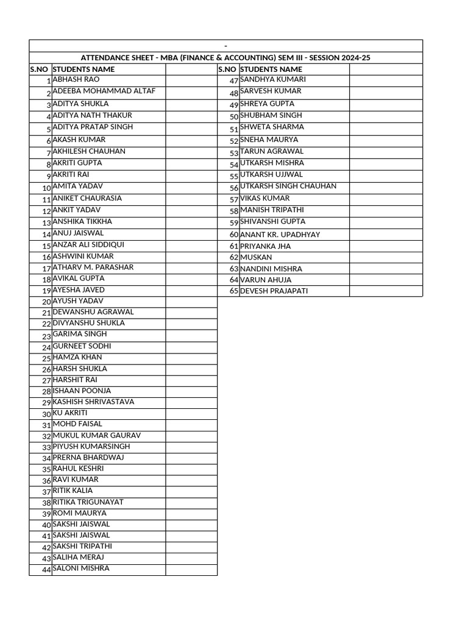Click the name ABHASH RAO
coord(76,80)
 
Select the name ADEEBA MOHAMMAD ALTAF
coord(104,91)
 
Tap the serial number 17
coord(46,269)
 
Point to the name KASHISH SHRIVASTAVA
coord(93,402)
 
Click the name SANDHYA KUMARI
coord(273,80)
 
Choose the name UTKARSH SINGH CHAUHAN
coord(288,186)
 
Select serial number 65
coord(233,291)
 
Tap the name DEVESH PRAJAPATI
coord(274,291)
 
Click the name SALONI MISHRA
coord(81,569)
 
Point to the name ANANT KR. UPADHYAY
coord(280,235)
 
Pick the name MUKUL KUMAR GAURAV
coord(97,436)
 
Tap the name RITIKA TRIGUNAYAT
coord(88,502)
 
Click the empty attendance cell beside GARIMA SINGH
coord(191,335)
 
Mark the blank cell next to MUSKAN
coord(386,258)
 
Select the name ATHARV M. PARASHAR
coord(93,268)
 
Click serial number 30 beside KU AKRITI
coord(46,414)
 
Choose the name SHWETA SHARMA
coord(272,127)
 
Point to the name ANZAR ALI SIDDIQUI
coord(88,245)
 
